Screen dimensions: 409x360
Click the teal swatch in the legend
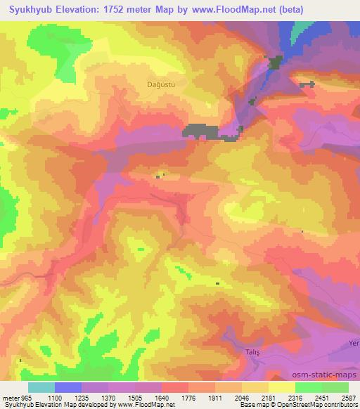tap(41, 387)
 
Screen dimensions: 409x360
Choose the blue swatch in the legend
tap(68, 387)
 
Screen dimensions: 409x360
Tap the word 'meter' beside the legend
tap(11, 398)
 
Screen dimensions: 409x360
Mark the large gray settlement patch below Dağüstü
tap(201, 130)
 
